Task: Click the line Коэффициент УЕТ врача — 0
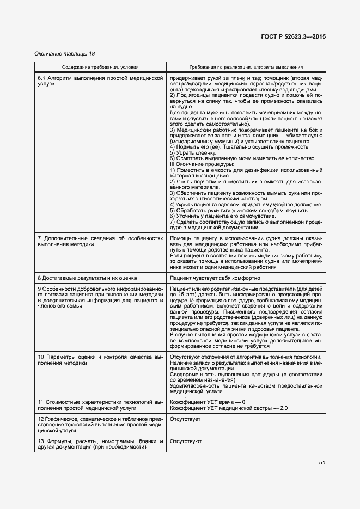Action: (x=208, y=402)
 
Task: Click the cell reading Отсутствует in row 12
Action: (x=185, y=420)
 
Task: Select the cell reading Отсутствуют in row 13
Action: (x=186, y=441)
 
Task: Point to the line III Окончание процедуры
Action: (x=202, y=164)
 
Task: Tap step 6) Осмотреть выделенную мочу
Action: (x=242, y=158)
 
